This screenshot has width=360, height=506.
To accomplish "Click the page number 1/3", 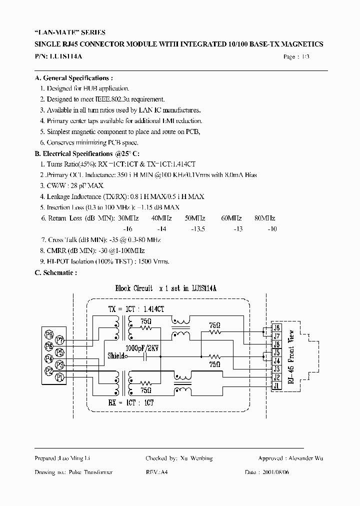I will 303,57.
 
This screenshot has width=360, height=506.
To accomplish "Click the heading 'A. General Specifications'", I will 73,78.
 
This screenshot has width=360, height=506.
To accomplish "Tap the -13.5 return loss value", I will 197,228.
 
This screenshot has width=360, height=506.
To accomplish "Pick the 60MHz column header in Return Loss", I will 231,218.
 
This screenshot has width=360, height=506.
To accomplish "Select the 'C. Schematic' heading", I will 55,273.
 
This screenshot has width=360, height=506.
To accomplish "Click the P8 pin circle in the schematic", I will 49,334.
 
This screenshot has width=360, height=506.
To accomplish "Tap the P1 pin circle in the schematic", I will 59,376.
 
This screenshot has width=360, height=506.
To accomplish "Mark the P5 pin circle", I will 59,351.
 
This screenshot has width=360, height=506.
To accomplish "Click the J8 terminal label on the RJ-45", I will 276,328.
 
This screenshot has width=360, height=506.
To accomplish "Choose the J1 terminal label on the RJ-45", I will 276,385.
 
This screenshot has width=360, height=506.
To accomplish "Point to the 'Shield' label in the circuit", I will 117,356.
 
